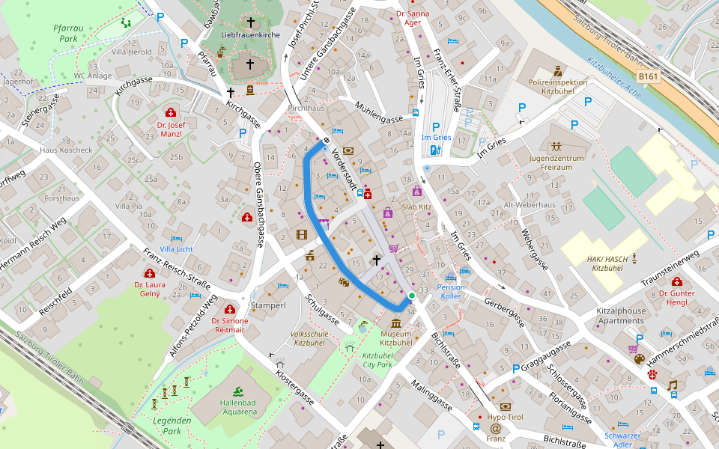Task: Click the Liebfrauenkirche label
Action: [250, 34]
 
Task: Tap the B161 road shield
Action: [649, 76]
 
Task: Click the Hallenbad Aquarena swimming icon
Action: [237, 391]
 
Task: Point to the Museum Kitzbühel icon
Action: [395, 323]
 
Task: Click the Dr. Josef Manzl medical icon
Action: [171, 112]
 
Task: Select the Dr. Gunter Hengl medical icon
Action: [677, 282]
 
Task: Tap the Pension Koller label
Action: [451, 292]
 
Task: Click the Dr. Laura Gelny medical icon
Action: [149, 273]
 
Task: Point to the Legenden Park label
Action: [172, 426]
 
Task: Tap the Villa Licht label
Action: [176, 248]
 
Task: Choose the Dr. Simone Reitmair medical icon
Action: [230, 309]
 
